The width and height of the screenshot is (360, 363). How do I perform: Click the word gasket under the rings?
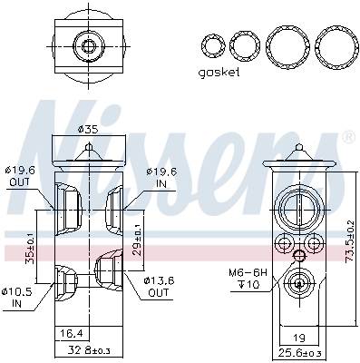click(220, 73)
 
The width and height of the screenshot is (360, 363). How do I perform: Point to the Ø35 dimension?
click(87, 130)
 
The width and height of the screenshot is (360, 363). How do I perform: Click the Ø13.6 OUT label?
click(159, 288)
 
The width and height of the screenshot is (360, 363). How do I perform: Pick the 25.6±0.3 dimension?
click(300, 352)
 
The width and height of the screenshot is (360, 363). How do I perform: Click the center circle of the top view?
click(88, 44)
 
